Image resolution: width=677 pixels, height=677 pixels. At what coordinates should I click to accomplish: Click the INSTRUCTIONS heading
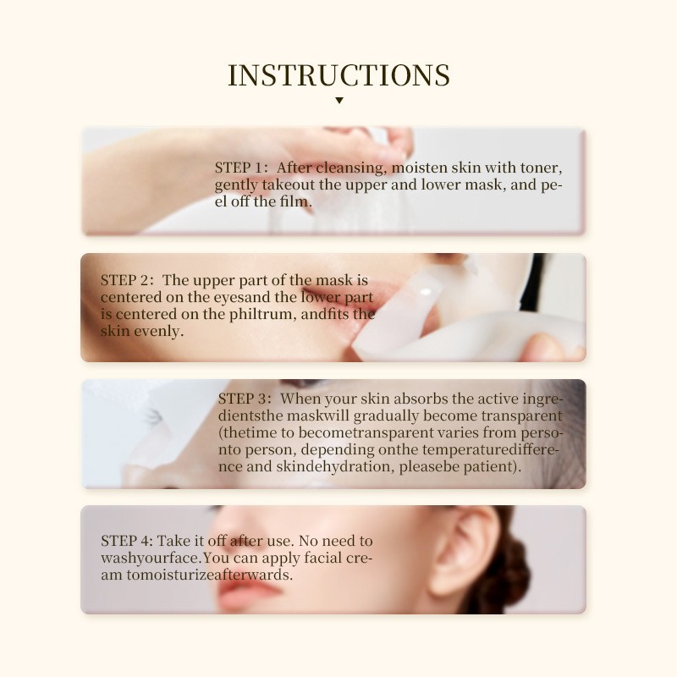338,74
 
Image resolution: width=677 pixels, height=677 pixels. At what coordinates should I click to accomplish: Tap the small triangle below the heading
338,101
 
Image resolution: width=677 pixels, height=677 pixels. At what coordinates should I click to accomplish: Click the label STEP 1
240,167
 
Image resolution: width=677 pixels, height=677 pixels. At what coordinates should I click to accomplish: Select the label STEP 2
126,280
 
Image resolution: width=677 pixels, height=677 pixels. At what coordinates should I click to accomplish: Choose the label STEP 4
127,541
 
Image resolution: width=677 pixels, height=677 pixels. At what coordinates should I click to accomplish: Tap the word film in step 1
295,201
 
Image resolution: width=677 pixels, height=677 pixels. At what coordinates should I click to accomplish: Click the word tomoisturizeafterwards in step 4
196,575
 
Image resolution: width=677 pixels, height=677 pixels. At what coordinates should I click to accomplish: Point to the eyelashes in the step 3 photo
153,416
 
